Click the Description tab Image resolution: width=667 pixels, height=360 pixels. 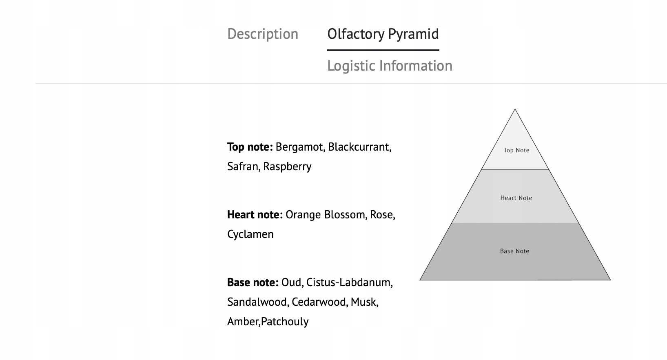tap(263, 34)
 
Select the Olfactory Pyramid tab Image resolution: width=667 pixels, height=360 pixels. tap(383, 34)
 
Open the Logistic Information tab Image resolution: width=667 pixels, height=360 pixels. tap(390, 66)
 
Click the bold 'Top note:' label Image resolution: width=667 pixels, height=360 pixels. tap(250, 147)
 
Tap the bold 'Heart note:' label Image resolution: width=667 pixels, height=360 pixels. tap(255, 215)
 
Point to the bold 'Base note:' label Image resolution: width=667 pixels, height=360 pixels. tap(253, 282)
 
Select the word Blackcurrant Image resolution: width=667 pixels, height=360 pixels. tap(359, 147)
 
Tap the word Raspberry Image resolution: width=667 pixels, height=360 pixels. tap(287, 167)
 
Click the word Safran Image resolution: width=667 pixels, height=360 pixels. tap(242, 167)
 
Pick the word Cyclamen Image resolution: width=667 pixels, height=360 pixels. tap(250, 234)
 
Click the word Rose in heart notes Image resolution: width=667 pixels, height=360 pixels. tap(381, 215)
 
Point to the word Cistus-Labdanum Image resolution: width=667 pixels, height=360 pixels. tap(348, 282)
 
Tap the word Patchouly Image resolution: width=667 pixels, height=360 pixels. tap(285, 322)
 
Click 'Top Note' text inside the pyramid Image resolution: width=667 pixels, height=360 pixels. tap(516, 150)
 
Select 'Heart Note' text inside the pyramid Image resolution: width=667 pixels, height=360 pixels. tap(516, 198)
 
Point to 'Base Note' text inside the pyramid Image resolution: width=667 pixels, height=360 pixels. tap(514, 251)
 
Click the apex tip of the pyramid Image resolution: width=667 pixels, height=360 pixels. tap(515, 110)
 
